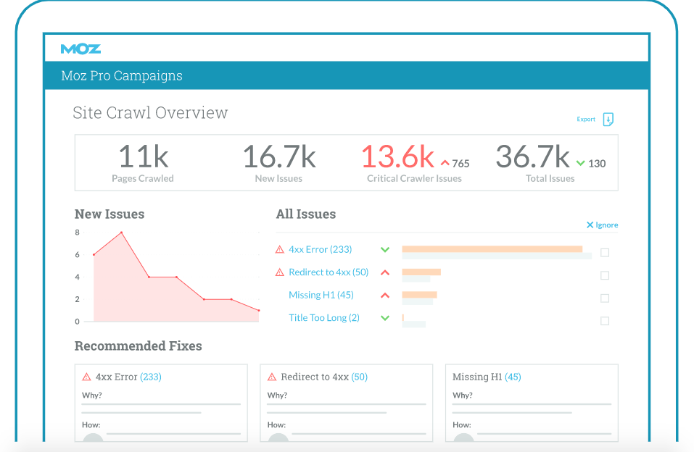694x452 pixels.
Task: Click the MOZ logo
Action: click(80, 49)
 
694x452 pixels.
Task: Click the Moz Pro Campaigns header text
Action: click(122, 76)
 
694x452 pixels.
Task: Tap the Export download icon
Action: click(608, 120)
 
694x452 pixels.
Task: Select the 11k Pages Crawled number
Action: click(143, 157)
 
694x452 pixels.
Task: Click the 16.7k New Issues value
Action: click(278, 157)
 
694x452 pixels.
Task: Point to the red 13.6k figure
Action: click(397, 157)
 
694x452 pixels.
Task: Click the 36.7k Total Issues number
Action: click(532, 157)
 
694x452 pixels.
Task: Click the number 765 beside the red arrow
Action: click(460, 164)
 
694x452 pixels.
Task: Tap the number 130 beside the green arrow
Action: click(597, 164)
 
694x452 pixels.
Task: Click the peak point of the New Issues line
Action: click(121, 233)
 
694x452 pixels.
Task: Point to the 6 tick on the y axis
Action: click(77, 255)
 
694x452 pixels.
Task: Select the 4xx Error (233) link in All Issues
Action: click(320, 249)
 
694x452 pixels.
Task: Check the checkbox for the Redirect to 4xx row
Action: click(605, 275)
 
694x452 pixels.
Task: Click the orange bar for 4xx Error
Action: click(492, 248)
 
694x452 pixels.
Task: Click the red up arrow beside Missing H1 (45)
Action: click(385, 296)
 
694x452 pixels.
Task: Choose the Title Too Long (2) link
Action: click(324, 318)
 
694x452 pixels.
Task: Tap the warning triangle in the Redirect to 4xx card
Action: click(272, 377)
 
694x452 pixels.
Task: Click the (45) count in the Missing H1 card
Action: click(513, 377)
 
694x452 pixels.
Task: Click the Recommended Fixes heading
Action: click(138, 346)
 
